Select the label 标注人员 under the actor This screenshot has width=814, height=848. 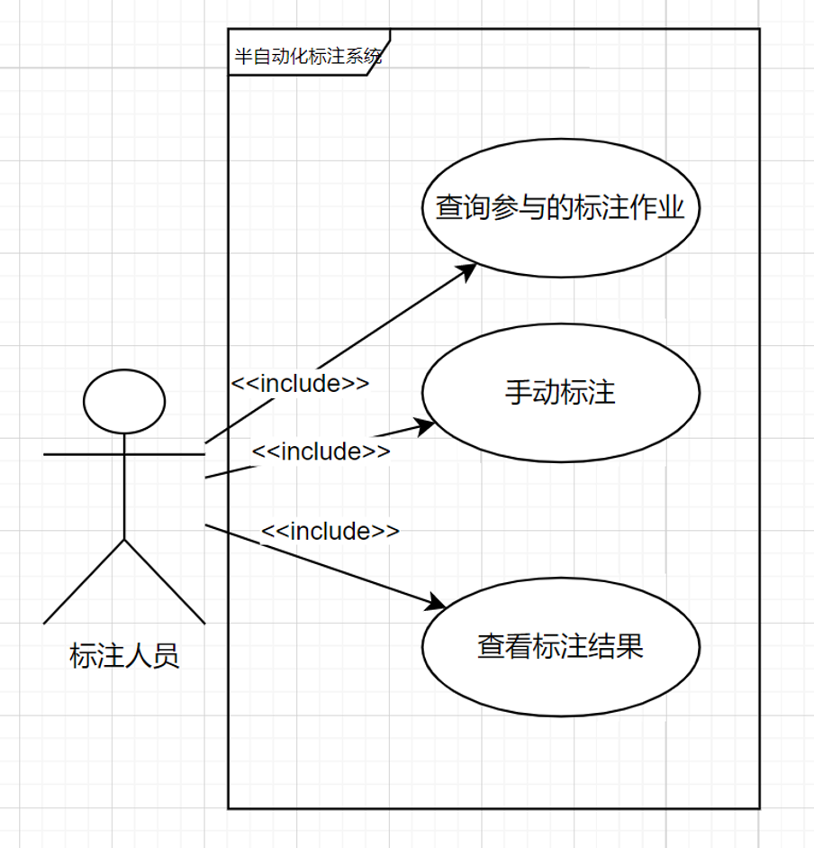point(124,655)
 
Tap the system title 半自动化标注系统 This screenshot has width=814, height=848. point(308,57)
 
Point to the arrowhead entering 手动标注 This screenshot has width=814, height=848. point(425,424)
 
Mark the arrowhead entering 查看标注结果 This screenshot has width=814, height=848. point(438,602)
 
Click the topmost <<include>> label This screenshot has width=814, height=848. point(300,382)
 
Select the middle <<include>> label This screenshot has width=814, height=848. point(321,451)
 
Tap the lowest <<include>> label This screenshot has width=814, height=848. point(330,531)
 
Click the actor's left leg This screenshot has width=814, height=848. point(83,581)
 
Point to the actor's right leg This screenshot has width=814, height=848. point(165,581)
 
